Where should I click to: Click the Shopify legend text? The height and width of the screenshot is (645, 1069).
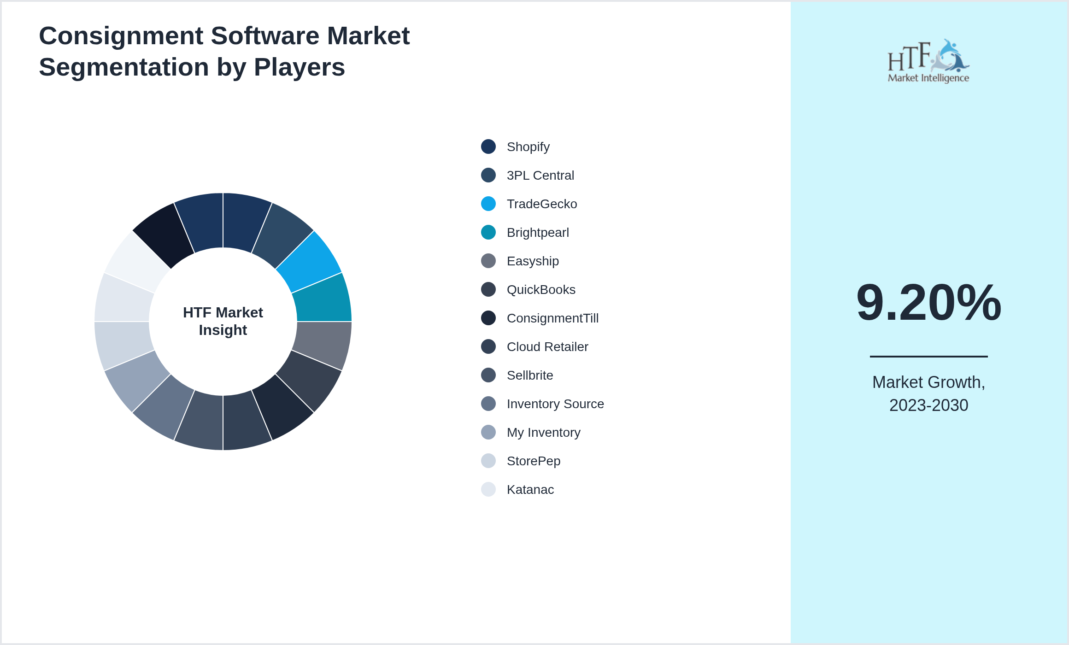tap(528, 147)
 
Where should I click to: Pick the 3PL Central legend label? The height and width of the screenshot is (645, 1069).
tap(540, 176)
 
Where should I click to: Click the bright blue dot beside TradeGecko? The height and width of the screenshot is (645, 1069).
tap(488, 204)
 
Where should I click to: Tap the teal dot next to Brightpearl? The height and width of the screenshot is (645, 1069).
tap(488, 232)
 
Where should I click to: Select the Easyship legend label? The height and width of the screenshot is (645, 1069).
tap(533, 261)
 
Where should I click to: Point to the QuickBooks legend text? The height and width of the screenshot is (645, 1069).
tap(541, 290)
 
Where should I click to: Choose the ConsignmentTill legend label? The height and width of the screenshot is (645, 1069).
tap(552, 318)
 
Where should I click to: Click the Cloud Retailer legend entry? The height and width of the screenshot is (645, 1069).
tap(547, 347)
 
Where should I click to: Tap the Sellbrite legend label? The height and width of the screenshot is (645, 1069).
tap(530, 375)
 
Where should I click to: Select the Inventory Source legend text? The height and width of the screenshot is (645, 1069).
tap(555, 404)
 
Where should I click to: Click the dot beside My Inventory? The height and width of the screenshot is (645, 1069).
tap(488, 432)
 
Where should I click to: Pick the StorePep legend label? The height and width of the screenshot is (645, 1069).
tap(534, 461)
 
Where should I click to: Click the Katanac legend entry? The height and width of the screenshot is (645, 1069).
tap(530, 490)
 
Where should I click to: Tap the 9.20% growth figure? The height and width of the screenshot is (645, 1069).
tap(928, 303)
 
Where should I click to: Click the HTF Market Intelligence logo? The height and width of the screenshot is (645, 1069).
tap(928, 61)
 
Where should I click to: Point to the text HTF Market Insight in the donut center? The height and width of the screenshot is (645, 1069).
tap(223, 321)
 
